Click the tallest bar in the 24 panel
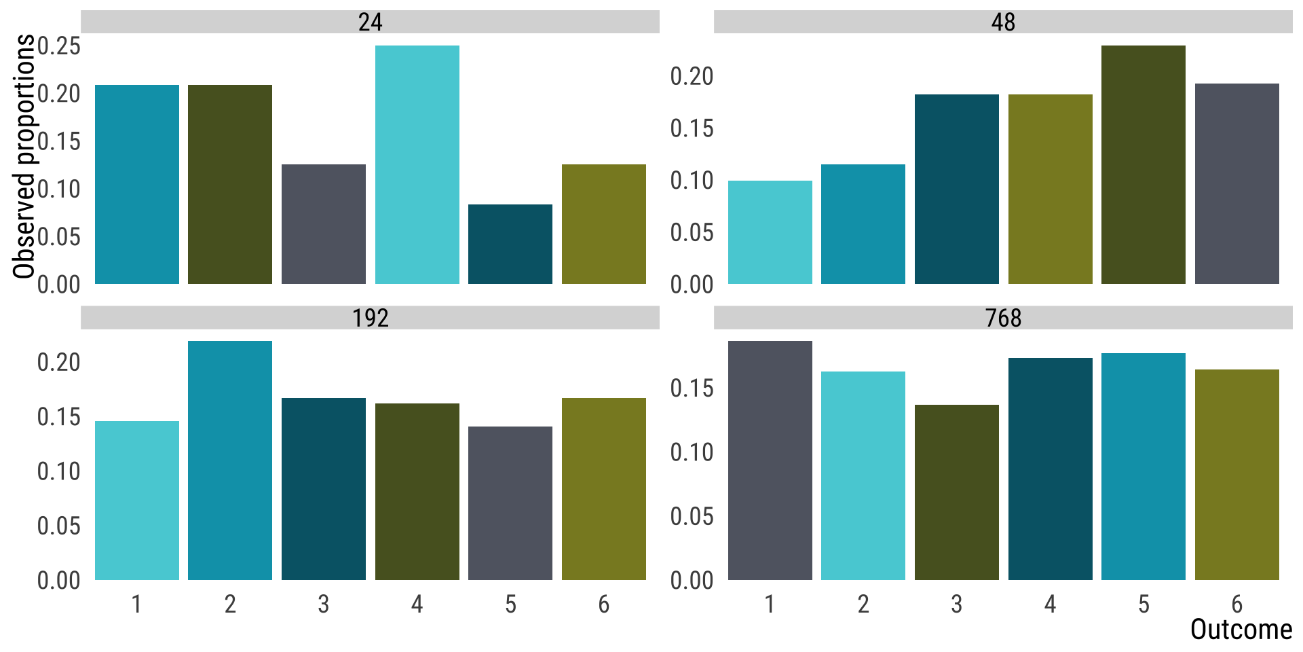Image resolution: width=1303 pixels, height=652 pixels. click(x=417, y=164)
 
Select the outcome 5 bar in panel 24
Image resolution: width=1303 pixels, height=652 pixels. click(x=510, y=244)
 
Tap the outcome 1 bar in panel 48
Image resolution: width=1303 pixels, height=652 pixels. click(x=770, y=232)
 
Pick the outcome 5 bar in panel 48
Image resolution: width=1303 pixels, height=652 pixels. click(x=1143, y=164)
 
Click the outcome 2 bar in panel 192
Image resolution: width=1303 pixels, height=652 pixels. click(x=230, y=460)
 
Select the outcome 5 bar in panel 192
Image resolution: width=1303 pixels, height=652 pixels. click(x=510, y=503)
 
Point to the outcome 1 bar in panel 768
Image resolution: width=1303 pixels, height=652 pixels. click(x=770, y=460)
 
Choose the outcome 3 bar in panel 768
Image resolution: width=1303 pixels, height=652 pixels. click(x=956, y=492)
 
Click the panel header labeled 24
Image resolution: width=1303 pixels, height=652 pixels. click(x=370, y=22)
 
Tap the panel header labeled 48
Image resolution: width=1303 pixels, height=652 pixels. click(x=1003, y=22)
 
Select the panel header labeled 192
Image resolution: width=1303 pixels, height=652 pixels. click(x=370, y=318)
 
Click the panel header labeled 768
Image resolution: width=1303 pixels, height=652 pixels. click(x=1003, y=318)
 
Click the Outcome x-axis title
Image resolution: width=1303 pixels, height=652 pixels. click(x=1241, y=630)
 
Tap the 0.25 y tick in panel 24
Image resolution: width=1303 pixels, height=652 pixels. click(x=59, y=46)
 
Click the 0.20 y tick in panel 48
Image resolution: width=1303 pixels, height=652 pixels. click(x=692, y=76)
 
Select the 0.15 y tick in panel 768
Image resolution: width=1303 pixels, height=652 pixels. click(x=692, y=388)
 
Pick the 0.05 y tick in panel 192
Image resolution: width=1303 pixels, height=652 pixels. click(x=59, y=526)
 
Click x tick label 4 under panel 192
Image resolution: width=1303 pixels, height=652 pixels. click(x=417, y=604)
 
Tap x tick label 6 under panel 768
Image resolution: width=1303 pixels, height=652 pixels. click(x=1236, y=604)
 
